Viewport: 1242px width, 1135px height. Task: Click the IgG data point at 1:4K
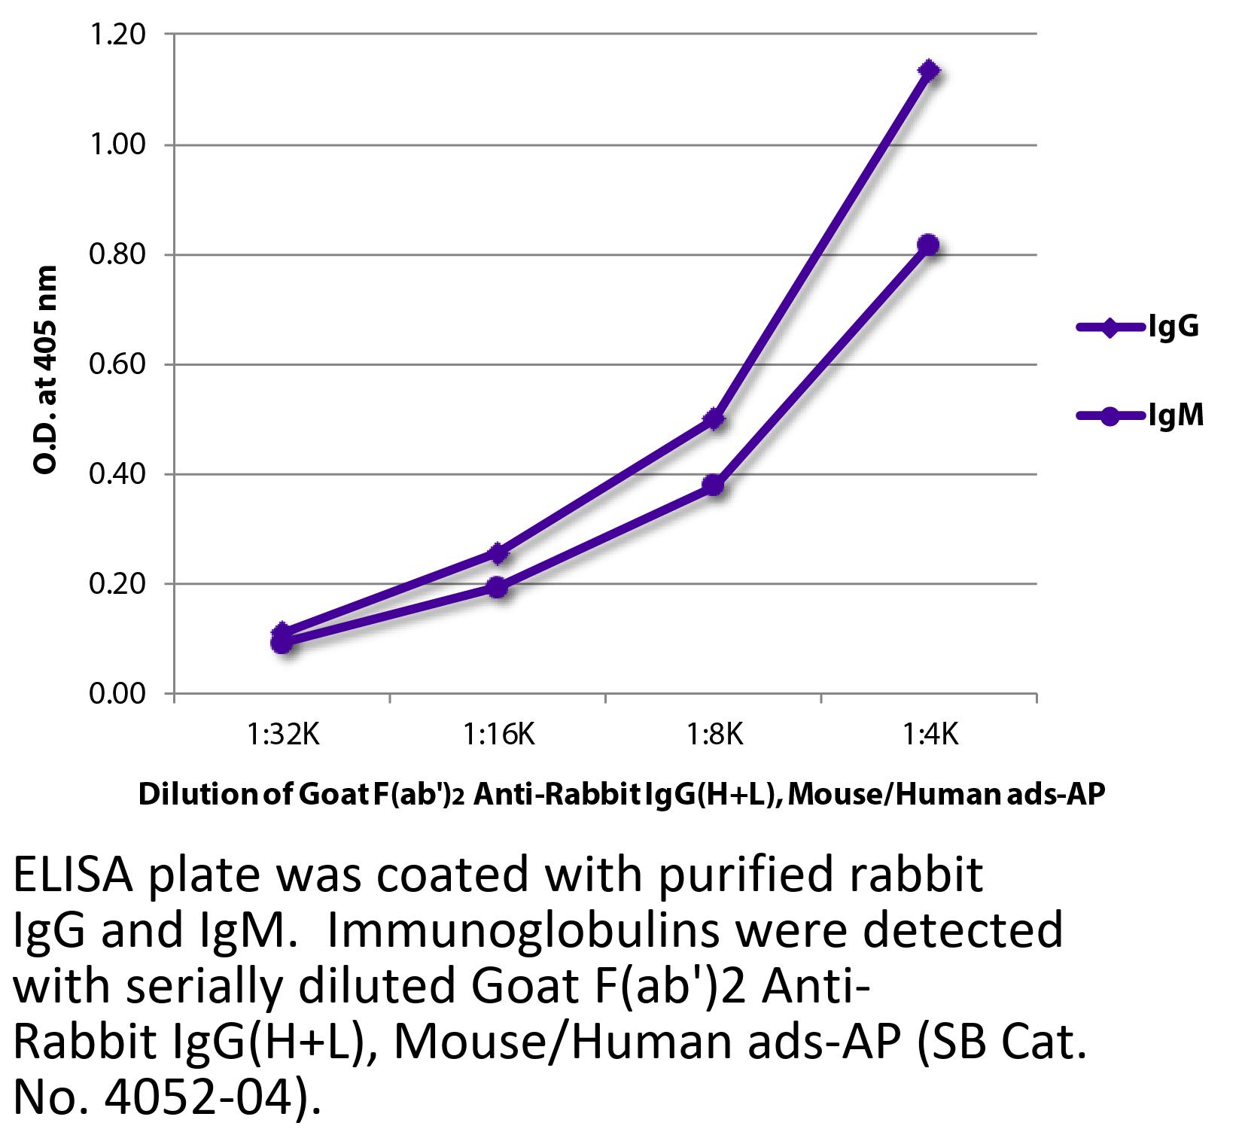tap(929, 71)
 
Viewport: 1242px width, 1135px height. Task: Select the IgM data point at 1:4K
tap(929, 245)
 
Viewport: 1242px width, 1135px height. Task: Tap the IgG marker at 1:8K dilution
tap(714, 419)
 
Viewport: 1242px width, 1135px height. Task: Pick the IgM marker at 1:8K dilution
tap(714, 485)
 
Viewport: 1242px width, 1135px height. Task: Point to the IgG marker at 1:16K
tap(498, 553)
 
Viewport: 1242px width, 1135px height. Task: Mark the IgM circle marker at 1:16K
tap(498, 587)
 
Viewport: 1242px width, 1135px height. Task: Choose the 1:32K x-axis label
tap(283, 734)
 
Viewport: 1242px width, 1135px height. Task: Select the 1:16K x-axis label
tap(498, 734)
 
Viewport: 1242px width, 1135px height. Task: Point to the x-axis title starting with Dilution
tap(621, 796)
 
